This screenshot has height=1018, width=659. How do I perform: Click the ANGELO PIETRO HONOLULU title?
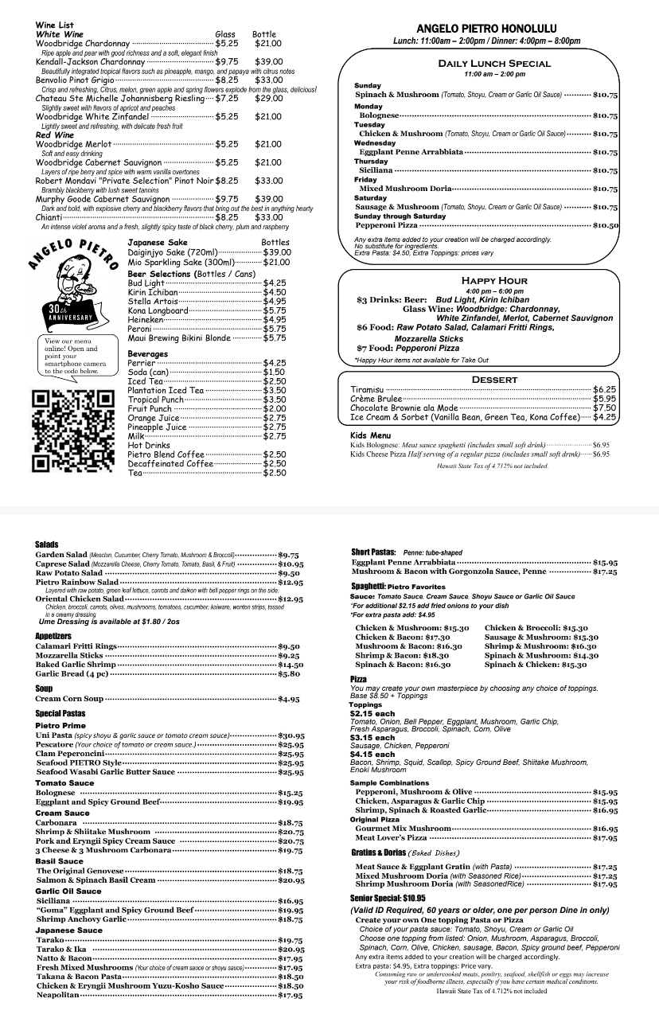[486, 29]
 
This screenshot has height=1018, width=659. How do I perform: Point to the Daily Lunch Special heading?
[493, 64]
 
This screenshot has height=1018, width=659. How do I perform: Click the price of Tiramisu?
[604, 389]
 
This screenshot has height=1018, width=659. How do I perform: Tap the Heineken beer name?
[146, 319]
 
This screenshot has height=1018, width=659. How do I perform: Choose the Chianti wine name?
[49, 217]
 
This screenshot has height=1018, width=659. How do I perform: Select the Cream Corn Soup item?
[69, 699]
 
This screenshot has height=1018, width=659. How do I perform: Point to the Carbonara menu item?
[57, 822]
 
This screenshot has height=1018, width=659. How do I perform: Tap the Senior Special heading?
[388, 898]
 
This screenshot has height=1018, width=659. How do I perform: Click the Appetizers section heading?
[54, 636]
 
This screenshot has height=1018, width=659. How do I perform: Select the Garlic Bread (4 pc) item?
[72, 673]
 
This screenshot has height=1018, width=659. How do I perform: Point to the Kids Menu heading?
[370, 435]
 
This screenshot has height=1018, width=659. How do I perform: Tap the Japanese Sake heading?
[158, 242]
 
